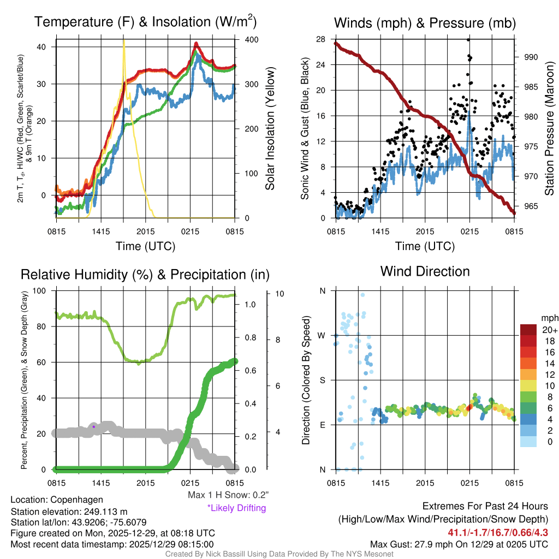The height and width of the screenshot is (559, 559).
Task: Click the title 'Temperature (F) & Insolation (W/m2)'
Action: click(x=145, y=22)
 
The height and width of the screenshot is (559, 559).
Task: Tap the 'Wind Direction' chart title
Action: click(x=425, y=271)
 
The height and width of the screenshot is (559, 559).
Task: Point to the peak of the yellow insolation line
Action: click(x=124, y=40)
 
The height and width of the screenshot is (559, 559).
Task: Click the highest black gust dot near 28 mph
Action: click(x=468, y=40)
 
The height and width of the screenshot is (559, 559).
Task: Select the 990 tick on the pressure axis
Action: click(x=532, y=57)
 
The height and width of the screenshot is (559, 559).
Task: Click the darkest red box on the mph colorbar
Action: click(x=528, y=330)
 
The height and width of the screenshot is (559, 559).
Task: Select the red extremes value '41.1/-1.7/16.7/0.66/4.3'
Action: click(x=498, y=532)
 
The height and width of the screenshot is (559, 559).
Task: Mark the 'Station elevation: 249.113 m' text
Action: click(x=69, y=511)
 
